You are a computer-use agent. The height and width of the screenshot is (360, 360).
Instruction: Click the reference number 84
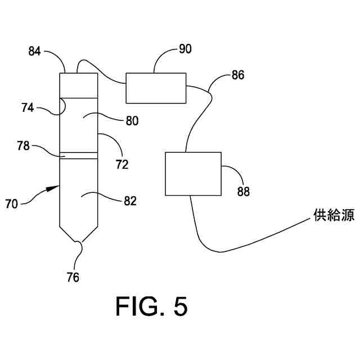pos(34,51)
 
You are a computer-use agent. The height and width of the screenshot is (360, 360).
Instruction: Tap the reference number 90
pos(185,49)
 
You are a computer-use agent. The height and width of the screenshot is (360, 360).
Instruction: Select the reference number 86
pos(237,75)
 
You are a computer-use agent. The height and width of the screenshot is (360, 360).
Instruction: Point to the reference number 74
pos(28,107)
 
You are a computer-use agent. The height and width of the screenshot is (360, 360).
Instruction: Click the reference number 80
pos(132,121)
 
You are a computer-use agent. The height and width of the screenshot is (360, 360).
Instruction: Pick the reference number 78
pos(24,146)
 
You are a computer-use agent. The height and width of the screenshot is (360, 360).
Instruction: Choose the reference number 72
pos(122,164)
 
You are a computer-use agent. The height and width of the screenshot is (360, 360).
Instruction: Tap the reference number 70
pos(11,204)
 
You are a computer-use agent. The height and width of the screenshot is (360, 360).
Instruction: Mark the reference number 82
pos(130,201)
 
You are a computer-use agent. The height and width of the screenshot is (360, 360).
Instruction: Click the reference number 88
pos(244,191)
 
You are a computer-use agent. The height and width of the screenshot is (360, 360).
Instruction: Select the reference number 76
pos(73,277)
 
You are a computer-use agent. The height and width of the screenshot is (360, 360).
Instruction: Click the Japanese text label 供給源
pos(334,215)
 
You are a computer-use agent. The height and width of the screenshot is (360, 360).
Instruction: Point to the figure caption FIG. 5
pos(151,306)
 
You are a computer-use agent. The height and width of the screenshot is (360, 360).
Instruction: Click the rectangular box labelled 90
pos(156,88)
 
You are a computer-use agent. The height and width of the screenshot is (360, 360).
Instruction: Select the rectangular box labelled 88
pos(193,174)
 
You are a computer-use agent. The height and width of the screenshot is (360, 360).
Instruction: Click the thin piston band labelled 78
pos(79,156)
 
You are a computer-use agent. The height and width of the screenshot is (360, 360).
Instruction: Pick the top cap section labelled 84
pos(79,85)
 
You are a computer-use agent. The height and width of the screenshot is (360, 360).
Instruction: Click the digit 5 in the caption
pos(181,306)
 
